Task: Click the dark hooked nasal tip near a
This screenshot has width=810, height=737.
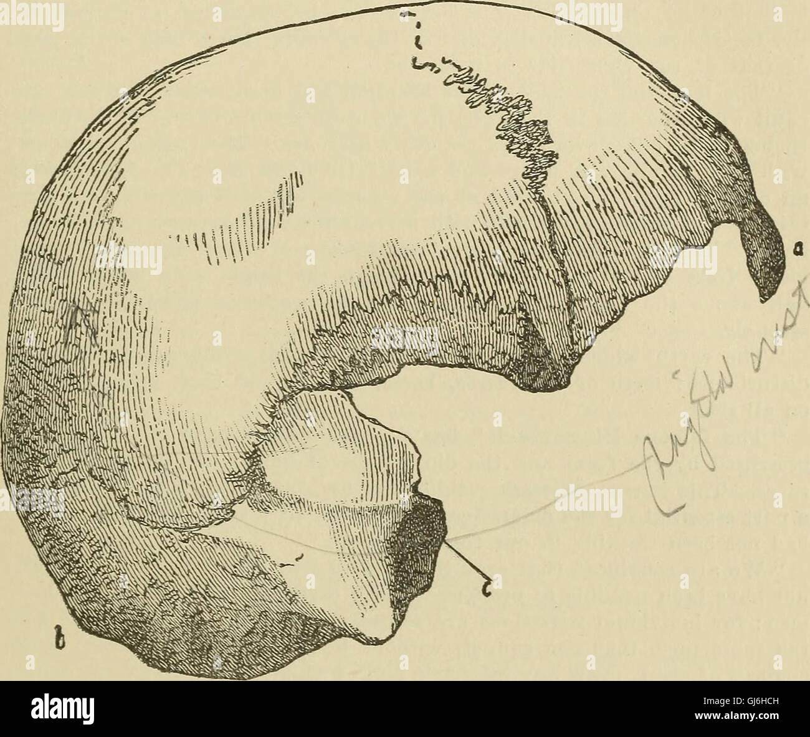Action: click(763, 262)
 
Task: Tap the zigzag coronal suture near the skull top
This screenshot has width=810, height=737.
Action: click(511, 118)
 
